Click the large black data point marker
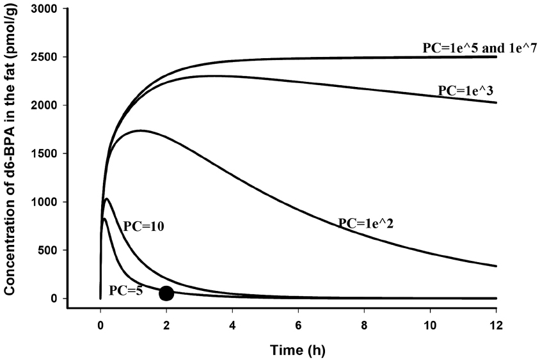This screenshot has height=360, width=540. tap(166, 293)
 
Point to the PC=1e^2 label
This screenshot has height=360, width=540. tap(365, 223)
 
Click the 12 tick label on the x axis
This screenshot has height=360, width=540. tap(496, 324)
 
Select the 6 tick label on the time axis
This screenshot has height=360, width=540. tap(298, 324)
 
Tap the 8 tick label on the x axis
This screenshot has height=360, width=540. tap(364, 324)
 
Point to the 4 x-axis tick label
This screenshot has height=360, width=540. tap(232, 324)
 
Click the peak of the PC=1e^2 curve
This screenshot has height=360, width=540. tap(140, 130)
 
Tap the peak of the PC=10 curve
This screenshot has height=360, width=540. tap(107, 199)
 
